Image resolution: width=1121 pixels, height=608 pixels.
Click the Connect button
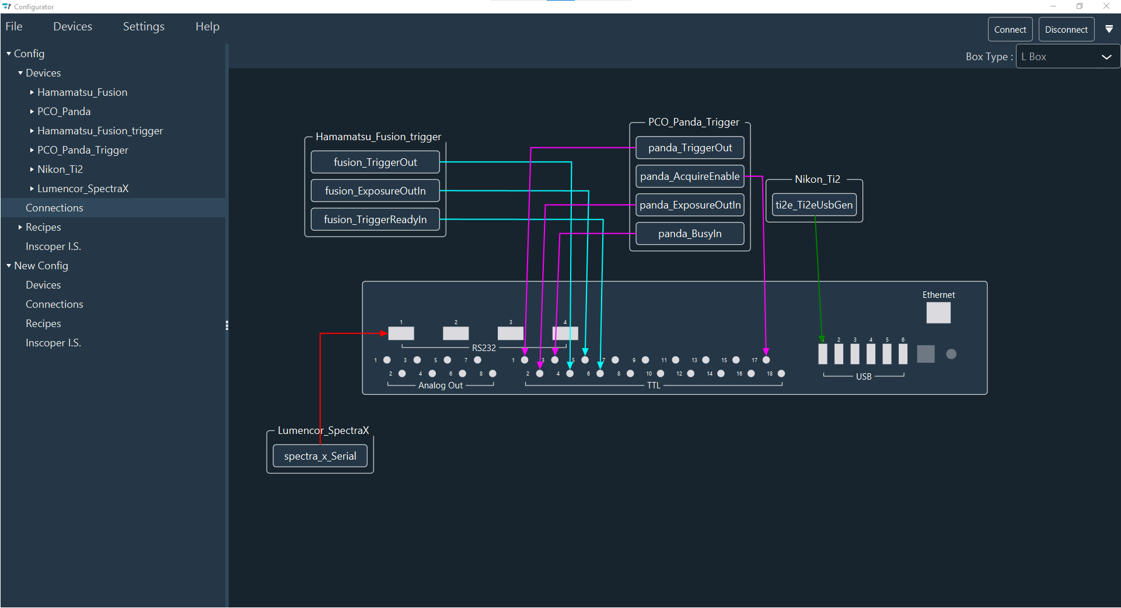tap(1010, 29)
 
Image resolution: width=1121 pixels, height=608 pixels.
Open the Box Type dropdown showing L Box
tap(1067, 57)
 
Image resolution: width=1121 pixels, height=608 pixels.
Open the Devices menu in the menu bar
tap(72, 26)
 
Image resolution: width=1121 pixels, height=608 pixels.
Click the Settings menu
tap(144, 26)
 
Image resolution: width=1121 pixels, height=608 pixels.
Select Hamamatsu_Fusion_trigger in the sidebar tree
tap(100, 131)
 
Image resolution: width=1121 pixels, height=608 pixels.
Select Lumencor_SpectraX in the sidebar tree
tap(83, 189)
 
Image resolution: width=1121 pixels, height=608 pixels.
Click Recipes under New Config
tap(43, 324)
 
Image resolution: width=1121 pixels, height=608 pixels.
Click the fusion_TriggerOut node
tap(375, 162)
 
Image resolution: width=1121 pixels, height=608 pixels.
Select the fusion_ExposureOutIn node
tap(375, 191)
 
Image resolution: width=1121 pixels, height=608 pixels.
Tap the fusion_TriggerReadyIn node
tap(375, 220)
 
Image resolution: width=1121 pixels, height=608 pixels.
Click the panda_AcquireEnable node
tap(690, 176)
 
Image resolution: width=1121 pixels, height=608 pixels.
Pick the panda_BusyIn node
tap(690, 234)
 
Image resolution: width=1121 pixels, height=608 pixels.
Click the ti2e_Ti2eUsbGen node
tap(814, 205)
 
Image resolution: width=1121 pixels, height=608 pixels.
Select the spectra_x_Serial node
tap(320, 456)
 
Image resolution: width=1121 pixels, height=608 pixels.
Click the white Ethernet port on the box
tap(938, 312)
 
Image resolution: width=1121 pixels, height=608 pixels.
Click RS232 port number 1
tap(401, 333)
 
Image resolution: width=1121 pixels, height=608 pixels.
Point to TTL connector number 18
tap(781, 374)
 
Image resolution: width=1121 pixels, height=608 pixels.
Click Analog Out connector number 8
tap(493, 374)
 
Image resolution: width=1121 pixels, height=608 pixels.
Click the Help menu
tap(207, 26)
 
